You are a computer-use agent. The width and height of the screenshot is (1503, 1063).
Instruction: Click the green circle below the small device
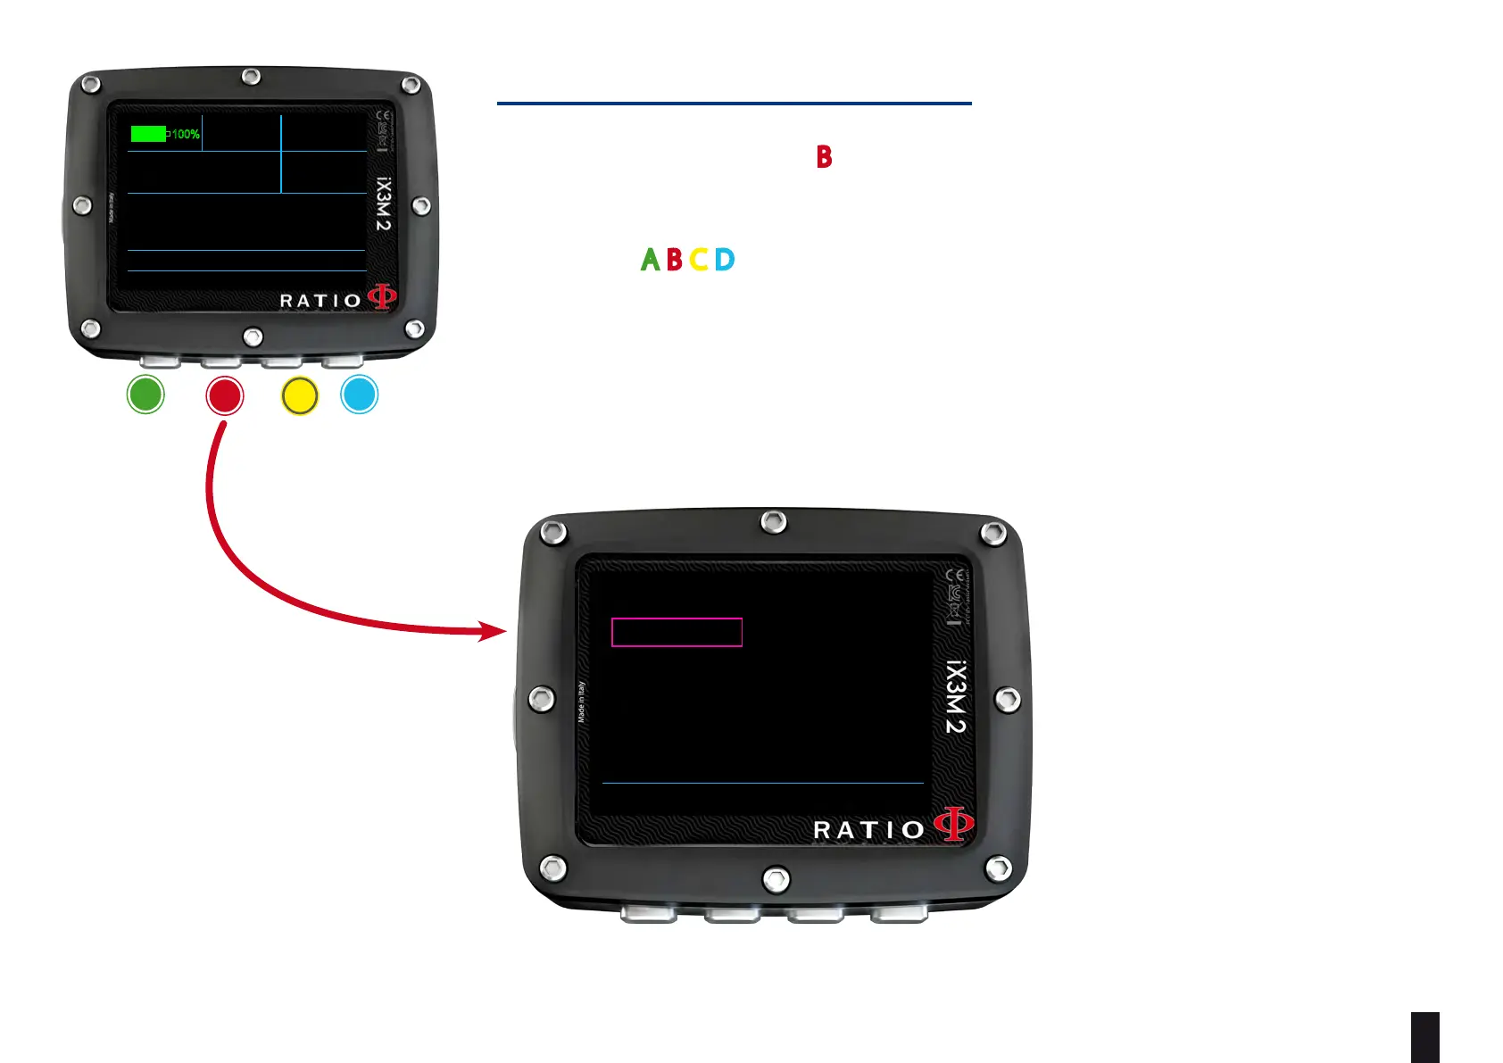(145, 394)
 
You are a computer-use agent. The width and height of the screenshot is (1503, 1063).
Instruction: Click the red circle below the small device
(224, 395)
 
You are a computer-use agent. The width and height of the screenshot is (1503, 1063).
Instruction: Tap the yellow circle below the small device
(300, 396)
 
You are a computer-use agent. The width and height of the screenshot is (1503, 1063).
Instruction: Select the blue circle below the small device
(360, 394)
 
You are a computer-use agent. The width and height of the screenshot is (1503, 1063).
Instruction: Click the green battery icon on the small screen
(149, 134)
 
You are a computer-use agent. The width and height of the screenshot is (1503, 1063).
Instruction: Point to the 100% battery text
(186, 134)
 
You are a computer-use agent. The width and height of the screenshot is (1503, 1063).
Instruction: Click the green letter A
(651, 260)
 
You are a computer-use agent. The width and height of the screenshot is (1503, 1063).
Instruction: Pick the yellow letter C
(699, 260)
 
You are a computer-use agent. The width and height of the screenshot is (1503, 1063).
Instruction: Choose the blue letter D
(725, 260)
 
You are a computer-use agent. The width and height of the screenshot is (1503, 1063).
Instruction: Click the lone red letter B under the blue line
(824, 157)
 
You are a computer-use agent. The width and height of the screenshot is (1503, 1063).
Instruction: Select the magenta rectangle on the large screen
(677, 632)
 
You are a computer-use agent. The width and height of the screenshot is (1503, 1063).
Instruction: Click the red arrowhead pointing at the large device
(493, 631)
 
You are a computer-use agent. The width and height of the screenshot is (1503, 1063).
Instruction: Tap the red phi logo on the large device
(953, 823)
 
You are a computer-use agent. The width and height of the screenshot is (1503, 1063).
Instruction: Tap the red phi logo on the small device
(382, 296)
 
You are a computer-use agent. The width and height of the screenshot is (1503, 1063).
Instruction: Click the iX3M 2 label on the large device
(955, 697)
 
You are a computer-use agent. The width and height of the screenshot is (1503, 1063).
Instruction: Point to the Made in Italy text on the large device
(581, 702)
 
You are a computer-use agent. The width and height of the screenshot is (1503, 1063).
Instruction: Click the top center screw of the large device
(774, 522)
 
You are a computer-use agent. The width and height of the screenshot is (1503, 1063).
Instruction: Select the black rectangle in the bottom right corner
(1425, 1037)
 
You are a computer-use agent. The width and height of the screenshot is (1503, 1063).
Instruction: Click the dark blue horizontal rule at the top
(734, 104)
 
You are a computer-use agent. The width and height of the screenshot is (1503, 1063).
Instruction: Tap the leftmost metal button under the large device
(649, 913)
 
